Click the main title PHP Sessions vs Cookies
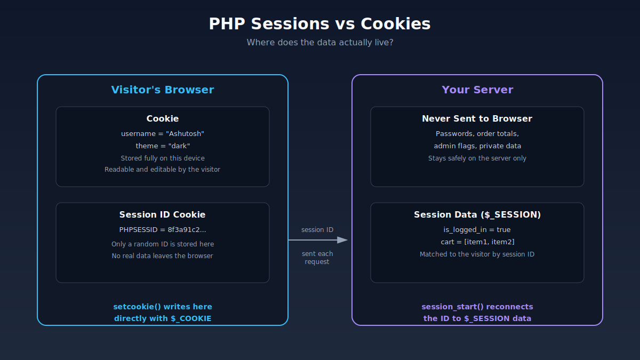point(319,23)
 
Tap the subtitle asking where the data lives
point(320,43)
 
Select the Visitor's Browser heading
point(163,90)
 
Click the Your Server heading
point(477,90)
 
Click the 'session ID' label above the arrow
point(317,230)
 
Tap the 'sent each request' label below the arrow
point(317,258)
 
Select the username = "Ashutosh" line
point(163,134)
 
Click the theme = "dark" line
point(163,146)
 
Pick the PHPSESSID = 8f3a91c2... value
point(163,230)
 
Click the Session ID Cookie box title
point(162,214)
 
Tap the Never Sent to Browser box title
point(477,118)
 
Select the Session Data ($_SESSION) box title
point(477,214)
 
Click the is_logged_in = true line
point(477,230)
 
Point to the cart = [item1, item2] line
point(477,242)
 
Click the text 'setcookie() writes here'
point(163,307)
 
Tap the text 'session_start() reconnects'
point(477,307)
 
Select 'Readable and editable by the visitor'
point(162,170)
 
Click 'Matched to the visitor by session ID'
point(477,254)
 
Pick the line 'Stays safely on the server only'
point(477,158)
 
